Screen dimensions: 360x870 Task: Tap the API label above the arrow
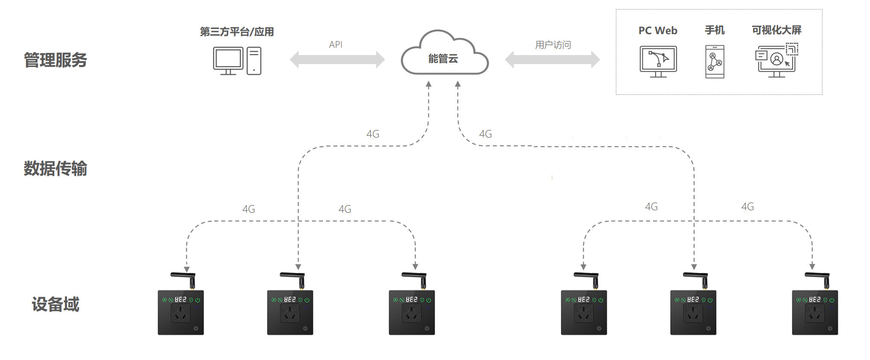(336, 44)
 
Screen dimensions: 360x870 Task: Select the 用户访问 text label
(553, 45)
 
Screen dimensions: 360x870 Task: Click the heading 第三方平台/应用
(237, 32)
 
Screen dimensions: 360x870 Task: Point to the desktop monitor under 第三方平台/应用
(228, 60)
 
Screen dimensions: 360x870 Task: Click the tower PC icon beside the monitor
(254, 61)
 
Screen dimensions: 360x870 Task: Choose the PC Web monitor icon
(658, 61)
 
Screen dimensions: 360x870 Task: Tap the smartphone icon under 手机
(715, 62)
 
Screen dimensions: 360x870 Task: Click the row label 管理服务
(56, 60)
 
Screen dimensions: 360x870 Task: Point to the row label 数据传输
(56, 168)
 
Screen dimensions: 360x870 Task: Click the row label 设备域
(56, 304)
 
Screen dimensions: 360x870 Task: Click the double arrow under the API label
(337, 59)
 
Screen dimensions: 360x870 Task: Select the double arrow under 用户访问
(552, 59)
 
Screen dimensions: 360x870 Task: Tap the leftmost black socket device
(181, 312)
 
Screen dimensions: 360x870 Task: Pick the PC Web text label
(658, 31)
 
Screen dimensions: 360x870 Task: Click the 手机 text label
(715, 30)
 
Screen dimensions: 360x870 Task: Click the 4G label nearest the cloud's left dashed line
(373, 134)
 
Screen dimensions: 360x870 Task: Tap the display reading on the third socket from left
(411, 300)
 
